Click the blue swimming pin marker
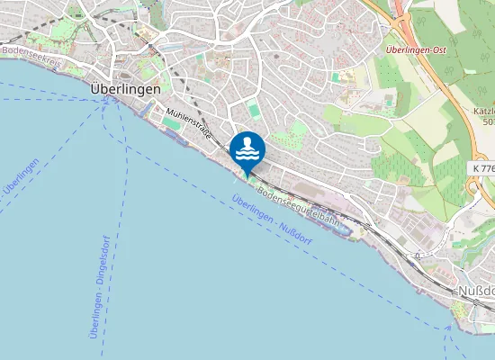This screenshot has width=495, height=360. [247, 148]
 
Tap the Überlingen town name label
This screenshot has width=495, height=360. [126, 90]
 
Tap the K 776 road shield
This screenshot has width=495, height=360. [481, 167]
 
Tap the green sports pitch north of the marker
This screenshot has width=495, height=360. [255, 112]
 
